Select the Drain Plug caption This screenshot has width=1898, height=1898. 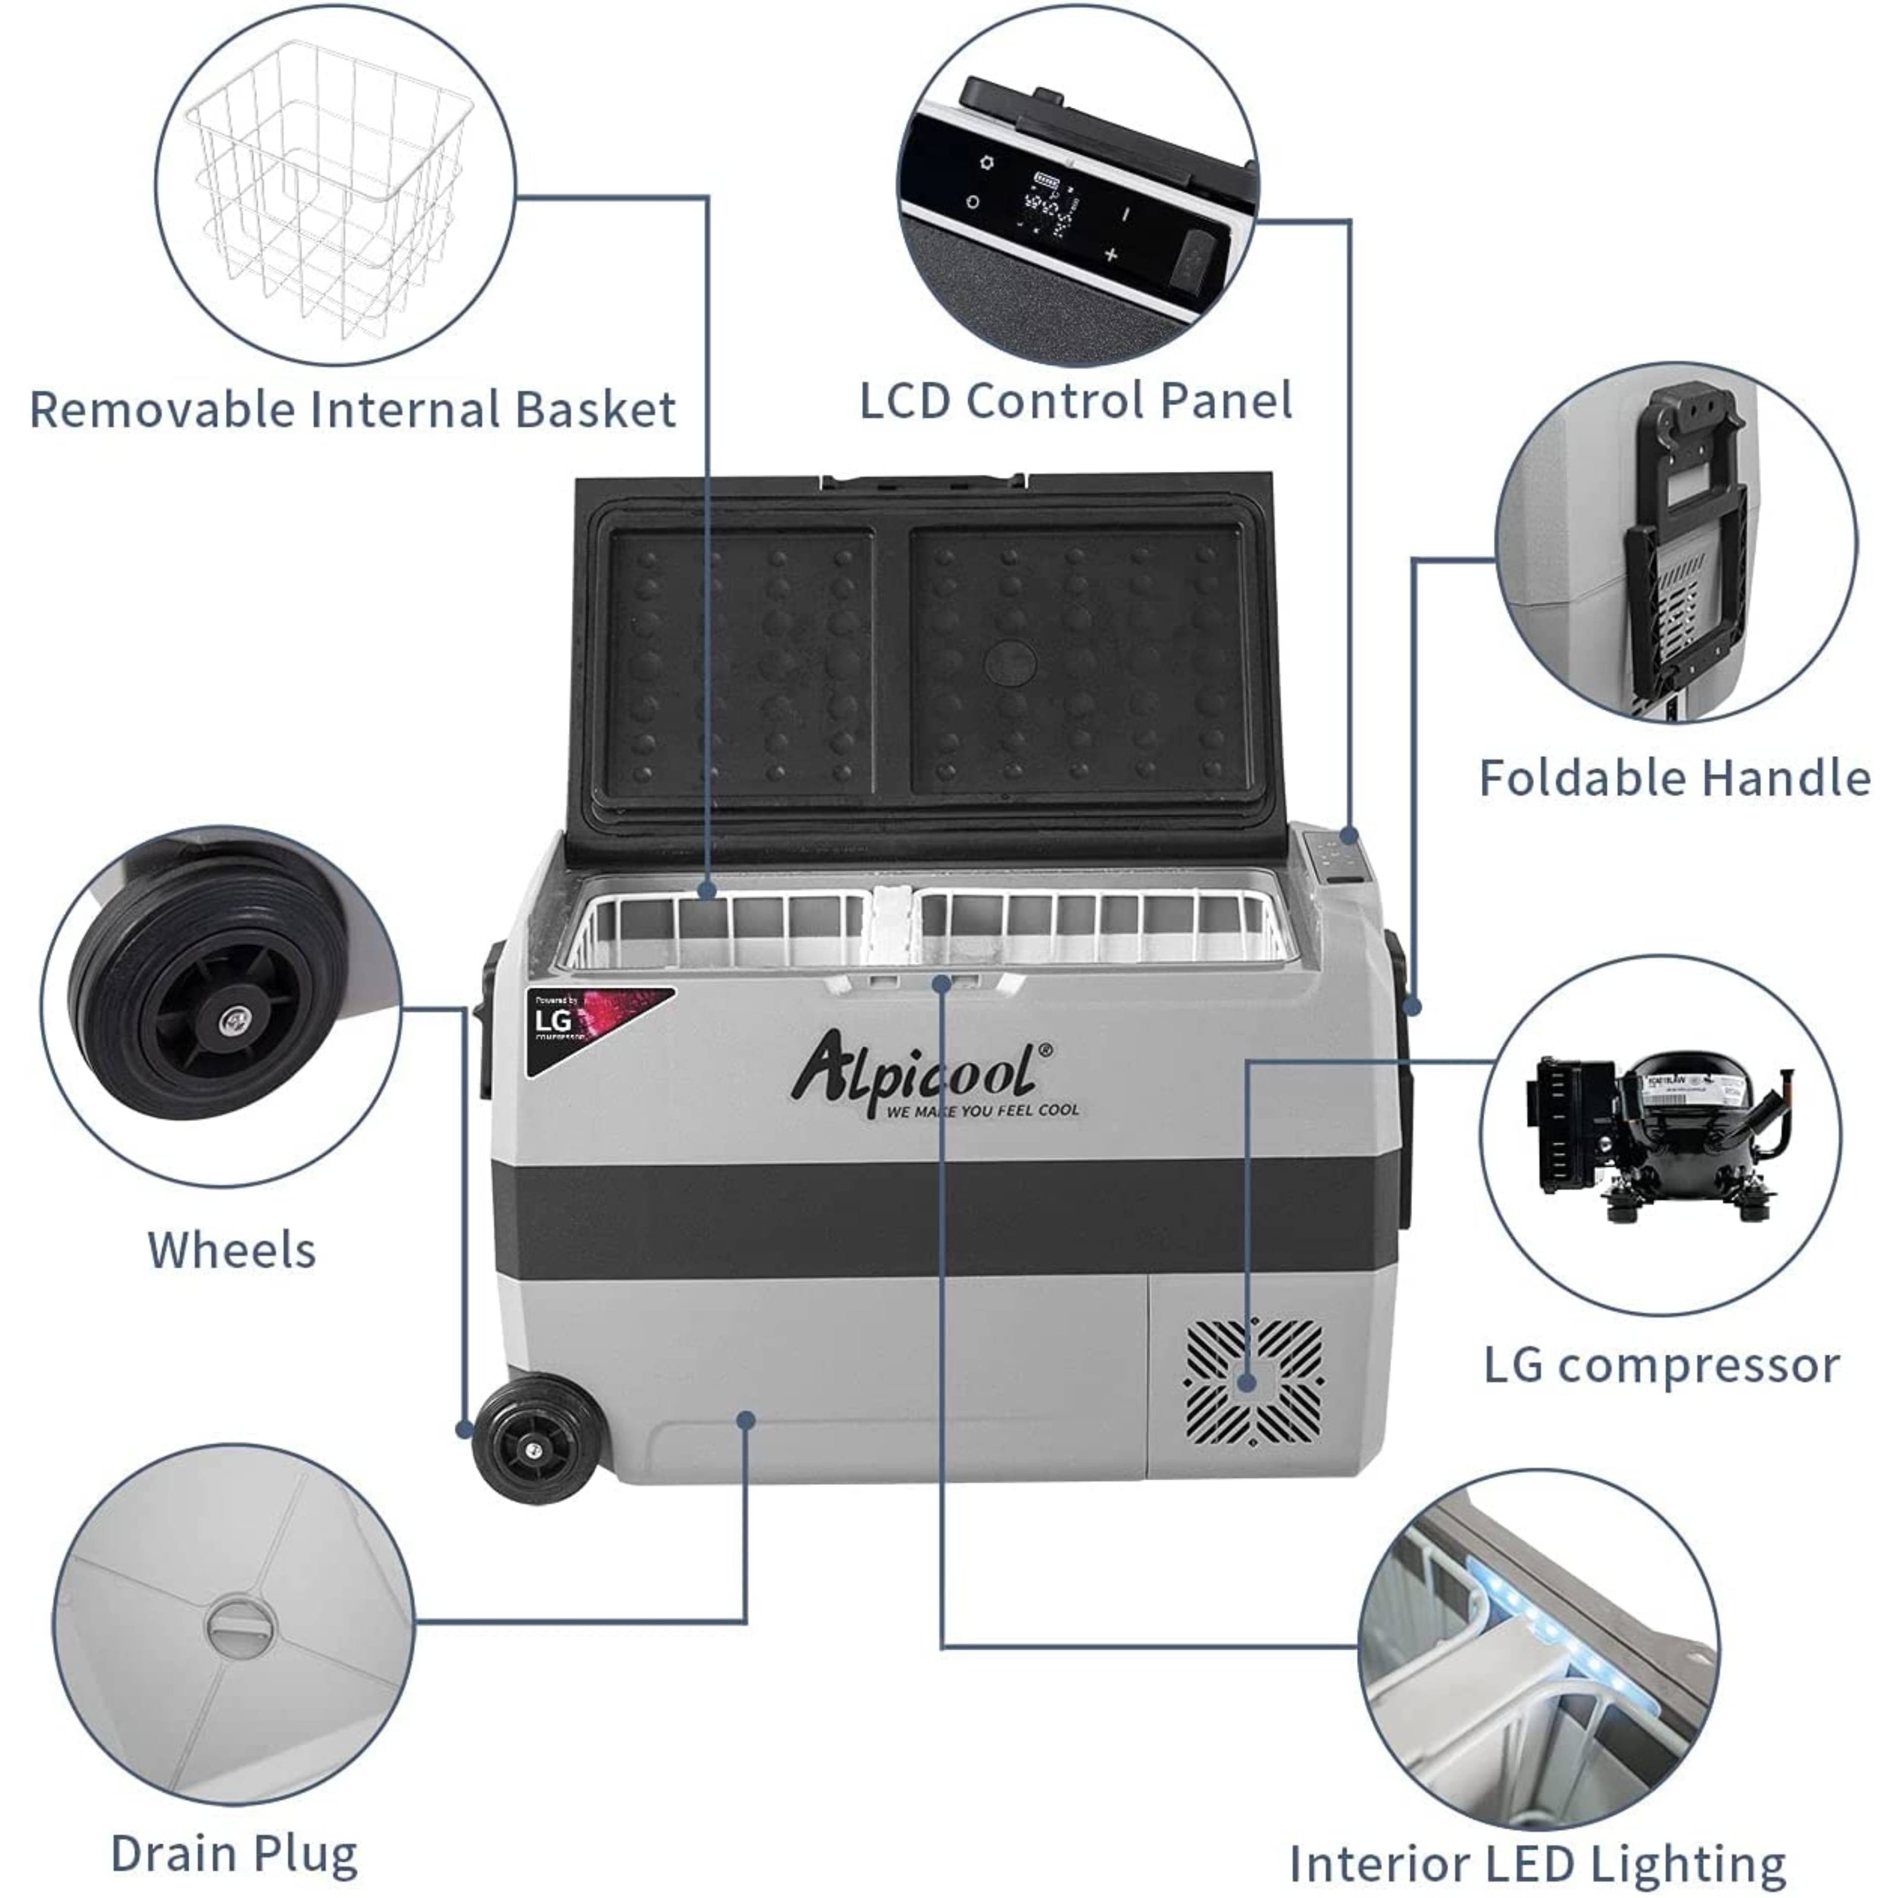coord(234,1854)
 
